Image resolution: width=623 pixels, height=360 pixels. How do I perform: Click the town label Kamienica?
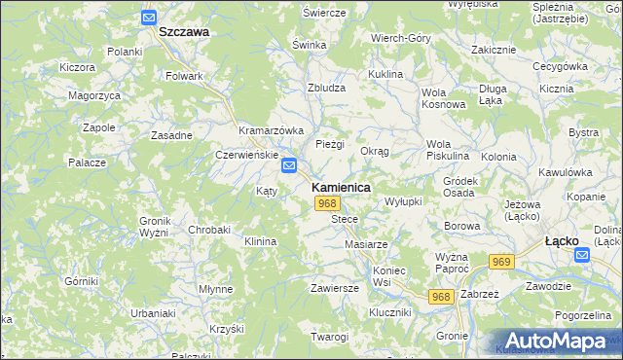tap(340, 186)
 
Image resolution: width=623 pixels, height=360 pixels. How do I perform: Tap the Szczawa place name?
tap(184, 31)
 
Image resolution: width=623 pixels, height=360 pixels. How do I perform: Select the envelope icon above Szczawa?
tap(148, 17)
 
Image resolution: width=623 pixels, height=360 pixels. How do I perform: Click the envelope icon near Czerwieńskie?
tap(289, 166)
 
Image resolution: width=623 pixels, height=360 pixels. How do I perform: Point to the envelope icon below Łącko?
tap(582, 255)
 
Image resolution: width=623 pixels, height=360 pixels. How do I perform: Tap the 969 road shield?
tap(502, 262)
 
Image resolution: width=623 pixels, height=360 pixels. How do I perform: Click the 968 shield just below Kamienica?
tap(327, 203)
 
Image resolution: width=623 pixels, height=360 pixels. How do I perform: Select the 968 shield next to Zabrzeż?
tap(441, 297)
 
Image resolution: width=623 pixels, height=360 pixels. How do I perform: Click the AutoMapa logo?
tap(556, 340)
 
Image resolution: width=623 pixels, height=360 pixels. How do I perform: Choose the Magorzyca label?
tap(94, 95)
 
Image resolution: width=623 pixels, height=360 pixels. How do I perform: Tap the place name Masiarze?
tap(367, 243)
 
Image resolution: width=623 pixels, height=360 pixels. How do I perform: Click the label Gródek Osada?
tap(459, 187)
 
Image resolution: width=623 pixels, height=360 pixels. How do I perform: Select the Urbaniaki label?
tap(127, 313)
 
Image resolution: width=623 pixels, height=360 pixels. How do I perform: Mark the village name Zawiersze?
tap(335, 288)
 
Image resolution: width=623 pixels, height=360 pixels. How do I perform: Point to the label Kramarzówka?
tap(272, 129)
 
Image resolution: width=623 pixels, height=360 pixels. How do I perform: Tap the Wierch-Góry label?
tap(400, 37)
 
